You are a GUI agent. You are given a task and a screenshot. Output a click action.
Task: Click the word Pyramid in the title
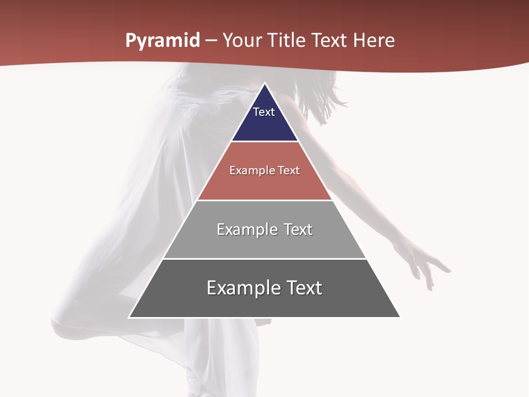(x=162, y=41)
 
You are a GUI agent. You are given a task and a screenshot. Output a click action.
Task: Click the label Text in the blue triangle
(x=264, y=112)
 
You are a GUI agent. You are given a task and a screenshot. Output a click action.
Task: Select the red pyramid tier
(x=264, y=185)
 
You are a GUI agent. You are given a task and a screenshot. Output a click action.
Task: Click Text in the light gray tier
(x=298, y=229)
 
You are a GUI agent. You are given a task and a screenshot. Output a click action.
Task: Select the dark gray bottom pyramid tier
(x=264, y=303)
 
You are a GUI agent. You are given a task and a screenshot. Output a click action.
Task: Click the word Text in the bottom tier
(x=304, y=288)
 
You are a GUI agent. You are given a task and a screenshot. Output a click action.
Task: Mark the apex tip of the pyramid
(x=264, y=84)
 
